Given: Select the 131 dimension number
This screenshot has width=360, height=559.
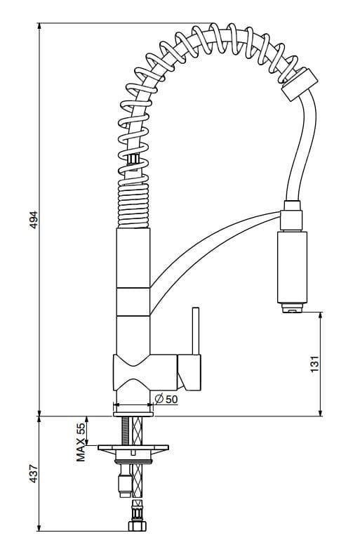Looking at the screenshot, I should tap(315, 363).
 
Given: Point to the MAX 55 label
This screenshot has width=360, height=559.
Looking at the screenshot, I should tap(81, 442).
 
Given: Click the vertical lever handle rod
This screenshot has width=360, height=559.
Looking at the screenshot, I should tap(194, 330).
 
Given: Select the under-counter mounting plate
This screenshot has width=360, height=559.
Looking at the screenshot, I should tap(133, 447).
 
